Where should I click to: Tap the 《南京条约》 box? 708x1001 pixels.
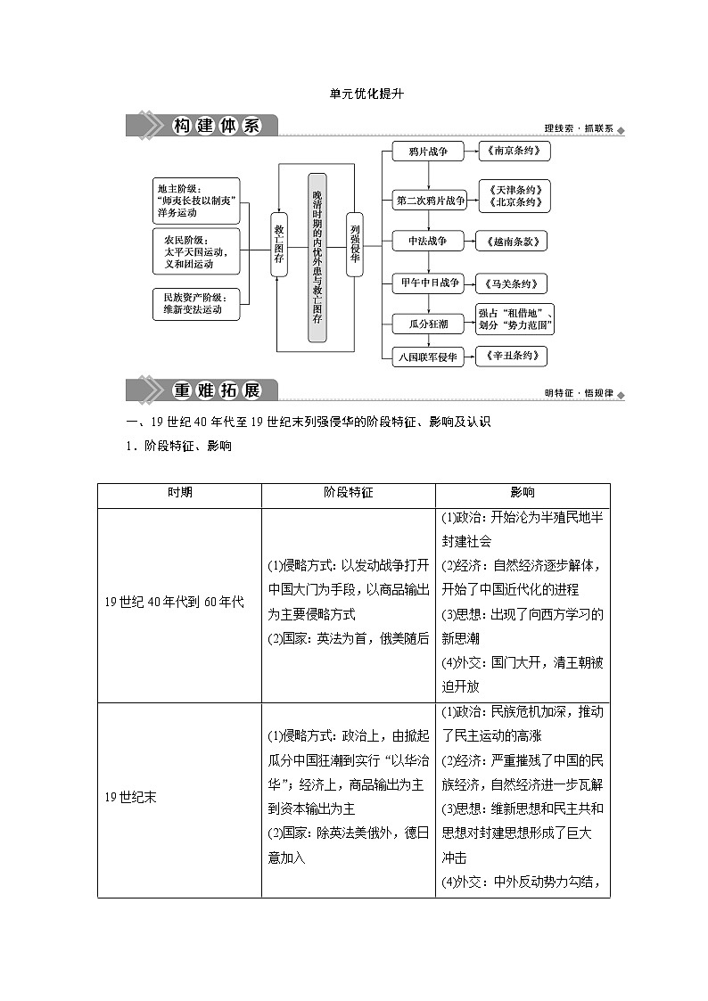click(x=514, y=152)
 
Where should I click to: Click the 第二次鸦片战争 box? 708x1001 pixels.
click(x=431, y=201)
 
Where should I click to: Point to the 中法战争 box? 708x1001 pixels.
click(x=428, y=241)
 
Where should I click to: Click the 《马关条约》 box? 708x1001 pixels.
click(x=511, y=284)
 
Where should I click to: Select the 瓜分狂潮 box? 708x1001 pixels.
click(x=428, y=324)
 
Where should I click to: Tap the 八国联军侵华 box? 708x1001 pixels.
click(x=428, y=357)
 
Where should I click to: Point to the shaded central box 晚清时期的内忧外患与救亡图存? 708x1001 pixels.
click(x=317, y=258)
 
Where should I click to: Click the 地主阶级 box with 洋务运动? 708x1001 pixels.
click(x=196, y=201)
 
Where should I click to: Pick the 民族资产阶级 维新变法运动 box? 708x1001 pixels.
click(x=196, y=304)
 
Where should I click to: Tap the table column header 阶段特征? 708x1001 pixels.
click(x=348, y=493)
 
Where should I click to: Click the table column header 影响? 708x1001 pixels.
click(x=523, y=493)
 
